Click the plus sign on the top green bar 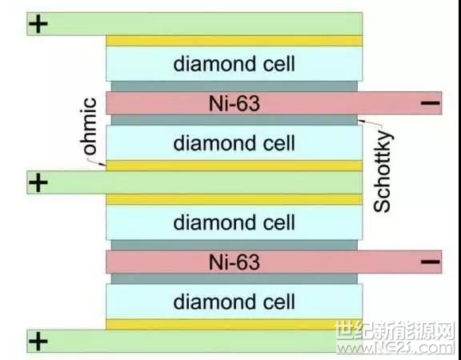(x=38, y=24)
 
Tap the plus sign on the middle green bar (x=38, y=182)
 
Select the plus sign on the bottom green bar (x=38, y=341)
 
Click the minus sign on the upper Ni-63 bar (x=431, y=103)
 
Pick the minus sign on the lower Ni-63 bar (x=431, y=262)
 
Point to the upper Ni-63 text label (x=235, y=103)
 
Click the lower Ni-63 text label (x=235, y=262)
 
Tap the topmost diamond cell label (x=234, y=64)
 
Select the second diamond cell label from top (x=234, y=143)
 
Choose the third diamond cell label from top (x=234, y=222)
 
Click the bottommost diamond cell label (x=234, y=302)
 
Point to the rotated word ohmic (x=88, y=126)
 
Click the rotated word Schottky (x=383, y=172)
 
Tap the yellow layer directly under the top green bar (x=234, y=41)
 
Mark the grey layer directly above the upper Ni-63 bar (x=234, y=86)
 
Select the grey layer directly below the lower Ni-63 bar (x=234, y=278)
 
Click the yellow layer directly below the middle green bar (x=234, y=199)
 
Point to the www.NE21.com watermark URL (x=395, y=348)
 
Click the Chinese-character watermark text (x=395, y=330)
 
